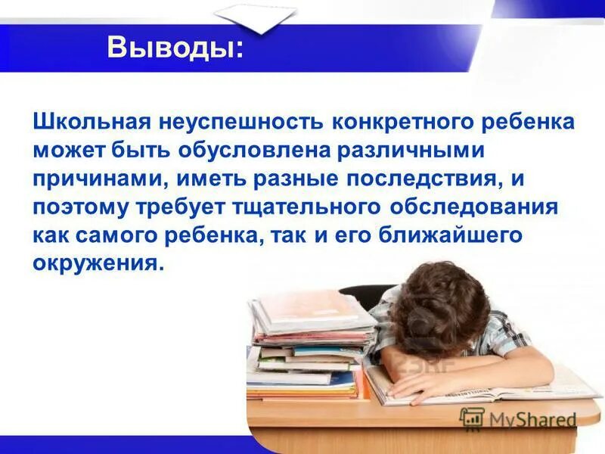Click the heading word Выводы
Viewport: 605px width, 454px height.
click(175, 48)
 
